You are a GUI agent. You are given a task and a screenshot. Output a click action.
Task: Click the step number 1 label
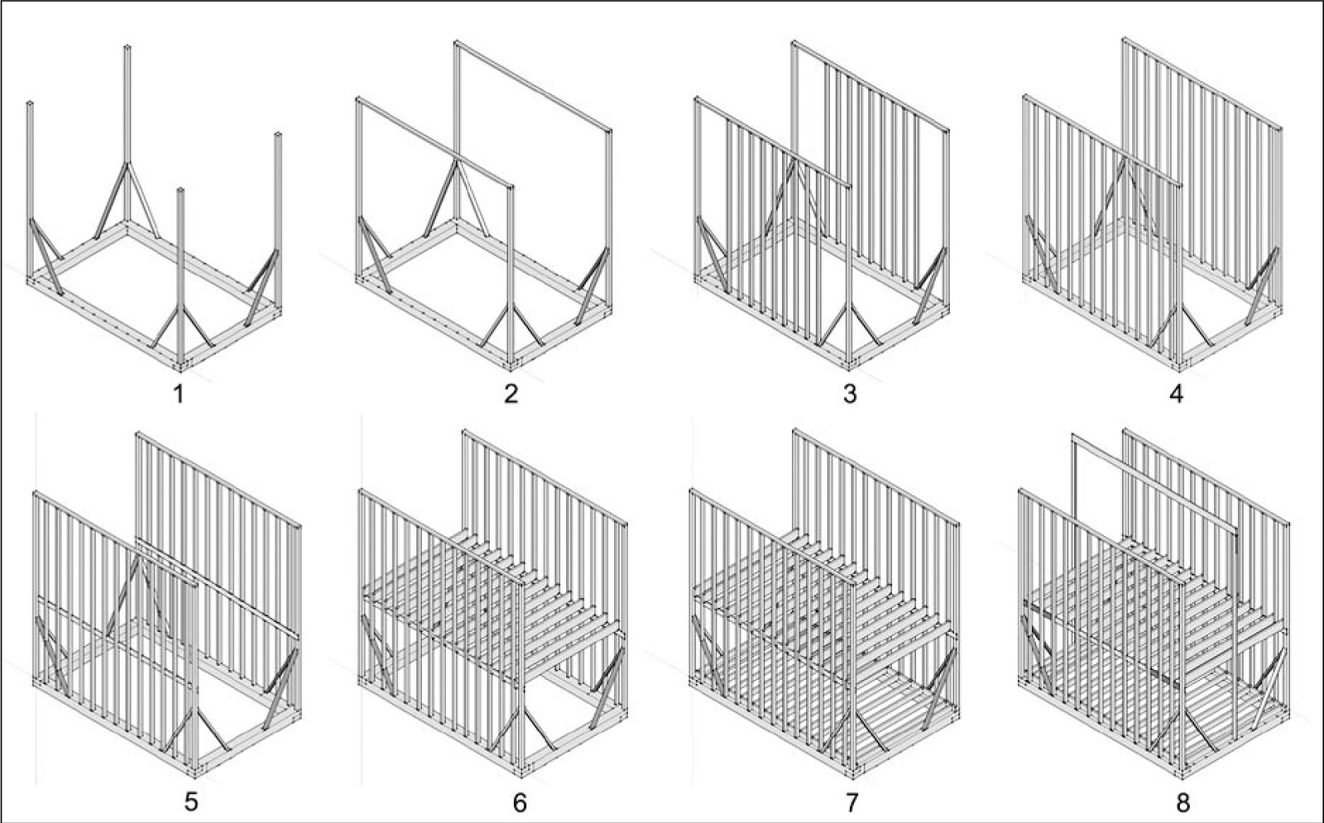(x=177, y=394)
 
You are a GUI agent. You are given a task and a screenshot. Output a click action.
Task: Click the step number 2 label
(x=511, y=394)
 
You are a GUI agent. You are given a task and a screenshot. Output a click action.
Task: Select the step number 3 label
(x=849, y=394)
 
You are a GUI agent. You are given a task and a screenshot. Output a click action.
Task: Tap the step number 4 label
(x=1176, y=394)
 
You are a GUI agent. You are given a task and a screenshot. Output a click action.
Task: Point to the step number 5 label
(x=191, y=801)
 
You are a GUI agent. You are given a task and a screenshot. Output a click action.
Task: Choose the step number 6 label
(x=520, y=801)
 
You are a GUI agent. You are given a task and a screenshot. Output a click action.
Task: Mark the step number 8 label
(x=1182, y=801)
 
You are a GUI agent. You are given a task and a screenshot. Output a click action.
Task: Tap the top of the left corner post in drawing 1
(x=30, y=106)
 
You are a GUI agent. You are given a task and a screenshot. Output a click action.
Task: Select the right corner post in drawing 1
(x=278, y=190)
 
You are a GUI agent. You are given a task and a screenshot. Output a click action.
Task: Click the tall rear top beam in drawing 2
(x=534, y=86)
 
